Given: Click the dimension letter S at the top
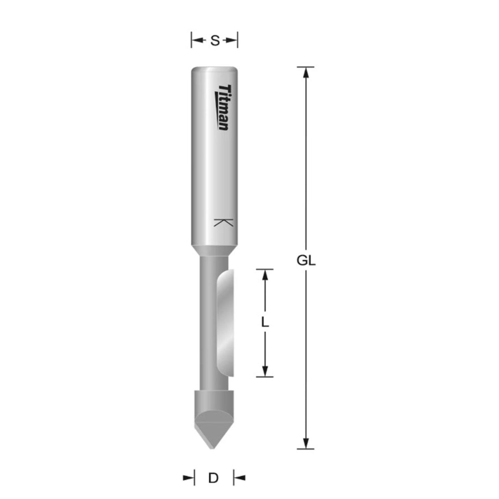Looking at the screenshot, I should tap(214, 41).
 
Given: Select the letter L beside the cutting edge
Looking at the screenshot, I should tap(265, 323).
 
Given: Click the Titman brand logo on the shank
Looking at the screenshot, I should tap(224, 108).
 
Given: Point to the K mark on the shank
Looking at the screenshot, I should tap(224, 223).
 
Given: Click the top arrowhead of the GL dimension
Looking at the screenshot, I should tap(305, 72).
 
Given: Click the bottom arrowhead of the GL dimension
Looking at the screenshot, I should tap(305, 442).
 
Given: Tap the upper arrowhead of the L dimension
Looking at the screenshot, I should tap(265, 275).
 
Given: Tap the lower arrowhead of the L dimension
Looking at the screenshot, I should tap(265, 371).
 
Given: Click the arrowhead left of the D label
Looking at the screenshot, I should tap(189, 478).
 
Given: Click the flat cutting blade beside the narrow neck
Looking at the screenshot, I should tap(225, 323).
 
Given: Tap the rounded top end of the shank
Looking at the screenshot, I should tap(214, 69).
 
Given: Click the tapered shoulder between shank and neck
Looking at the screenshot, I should tap(214, 250).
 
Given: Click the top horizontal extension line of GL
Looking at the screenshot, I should tap(305, 67).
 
